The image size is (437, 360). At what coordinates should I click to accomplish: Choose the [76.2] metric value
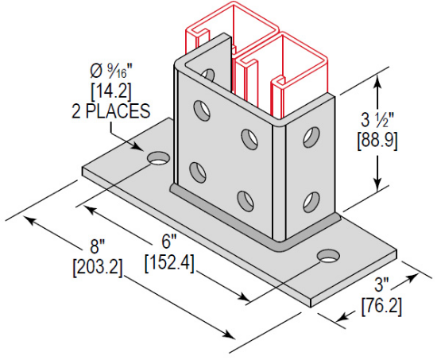pyautogui.click(x=385, y=304)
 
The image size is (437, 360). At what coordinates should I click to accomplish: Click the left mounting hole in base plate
pyautogui.click(x=159, y=158)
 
